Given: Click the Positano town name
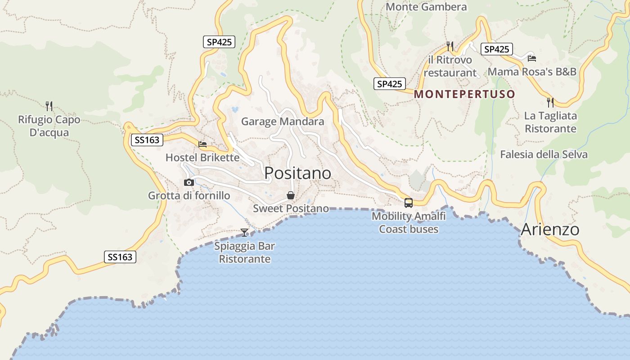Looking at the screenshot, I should point(297,173).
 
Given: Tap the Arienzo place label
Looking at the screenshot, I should point(550,229).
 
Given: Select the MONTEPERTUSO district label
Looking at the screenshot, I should point(464,94).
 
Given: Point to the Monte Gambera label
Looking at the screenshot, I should point(426,7).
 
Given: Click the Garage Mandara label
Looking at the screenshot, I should point(283,121).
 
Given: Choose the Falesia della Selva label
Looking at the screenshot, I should point(544,154).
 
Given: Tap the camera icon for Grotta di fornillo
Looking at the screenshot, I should point(189,182).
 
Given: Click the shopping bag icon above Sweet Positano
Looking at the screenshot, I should point(291,195).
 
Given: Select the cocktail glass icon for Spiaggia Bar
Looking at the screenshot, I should point(244,232).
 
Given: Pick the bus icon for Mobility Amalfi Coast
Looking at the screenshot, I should point(409,202).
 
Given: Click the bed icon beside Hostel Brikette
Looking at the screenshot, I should point(202,144).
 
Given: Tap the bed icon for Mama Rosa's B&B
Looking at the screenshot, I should point(532,58).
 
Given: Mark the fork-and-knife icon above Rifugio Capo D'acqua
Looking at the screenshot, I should point(49,106).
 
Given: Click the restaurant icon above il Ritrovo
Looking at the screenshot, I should point(450,46).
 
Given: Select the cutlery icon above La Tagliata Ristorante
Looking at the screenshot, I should point(550,103).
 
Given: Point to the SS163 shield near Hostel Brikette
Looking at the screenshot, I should point(147,140).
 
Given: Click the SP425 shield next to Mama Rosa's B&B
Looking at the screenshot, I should point(497,49).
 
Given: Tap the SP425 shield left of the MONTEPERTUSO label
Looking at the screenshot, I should point(389,84).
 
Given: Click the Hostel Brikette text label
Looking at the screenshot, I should point(202,157).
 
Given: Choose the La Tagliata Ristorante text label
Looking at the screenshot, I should point(550,122).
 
